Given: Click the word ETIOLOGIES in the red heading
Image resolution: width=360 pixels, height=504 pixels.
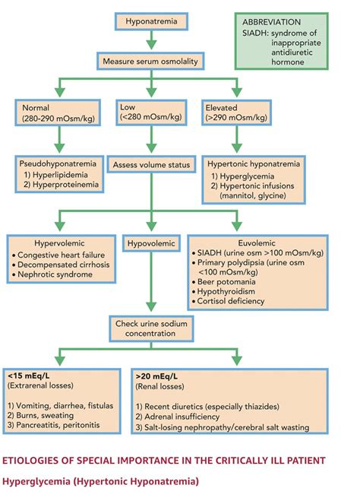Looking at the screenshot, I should tap(36, 461).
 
